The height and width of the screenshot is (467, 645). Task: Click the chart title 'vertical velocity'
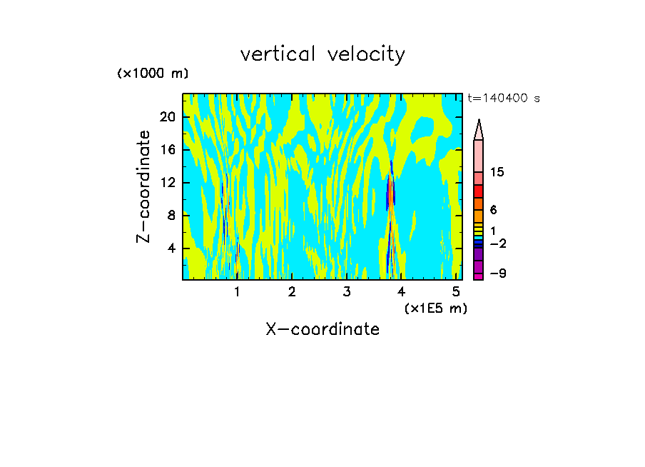pyautogui.click(x=322, y=54)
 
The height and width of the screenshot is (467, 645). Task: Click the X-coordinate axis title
pyautogui.click(x=322, y=329)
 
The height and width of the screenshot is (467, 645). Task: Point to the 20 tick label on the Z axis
pyautogui.click(x=167, y=117)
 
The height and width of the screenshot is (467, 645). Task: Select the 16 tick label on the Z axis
pyautogui.click(x=167, y=150)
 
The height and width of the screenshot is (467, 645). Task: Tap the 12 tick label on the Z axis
pyautogui.click(x=167, y=183)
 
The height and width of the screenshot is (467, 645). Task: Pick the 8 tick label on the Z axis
pyautogui.click(x=171, y=216)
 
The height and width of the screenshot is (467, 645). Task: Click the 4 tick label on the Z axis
pyautogui.click(x=171, y=248)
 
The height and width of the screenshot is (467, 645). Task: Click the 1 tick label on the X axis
pyautogui.click(x=237, y=291)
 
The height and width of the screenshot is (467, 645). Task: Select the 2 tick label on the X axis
pyautogui.click(x=292, y=291)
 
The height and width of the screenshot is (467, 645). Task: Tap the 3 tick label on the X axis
pyautogui.click(x=347, y=291)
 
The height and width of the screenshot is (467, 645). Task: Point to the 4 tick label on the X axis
pyautogui.click(x=402, y=291)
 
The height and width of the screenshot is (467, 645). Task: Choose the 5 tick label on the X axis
pyautogui.click(x=457, y=291)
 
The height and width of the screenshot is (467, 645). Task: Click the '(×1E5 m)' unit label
pyautogui.click(x=435, y=308)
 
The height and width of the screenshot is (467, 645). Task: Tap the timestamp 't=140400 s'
pyautogui.click(x=503, y=99)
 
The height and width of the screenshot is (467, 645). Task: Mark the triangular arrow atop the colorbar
pyautogui.click(x=479, y=129)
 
